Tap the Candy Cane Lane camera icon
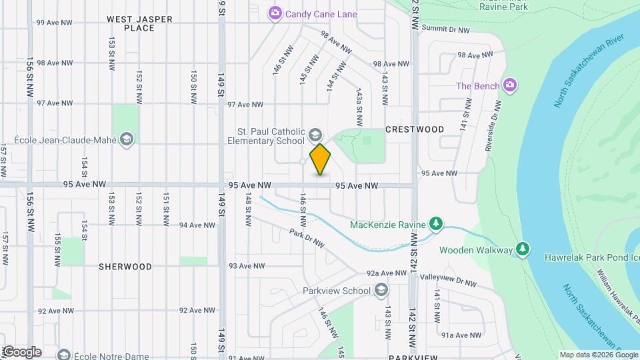tap(275, 13)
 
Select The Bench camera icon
tap(511, 85)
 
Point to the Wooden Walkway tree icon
tap(523, 249)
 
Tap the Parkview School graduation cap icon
tap(381, 290)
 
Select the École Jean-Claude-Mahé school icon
tap(127, 139)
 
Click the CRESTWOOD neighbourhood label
tap(415, 129)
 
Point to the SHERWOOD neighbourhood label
tap(125, 266)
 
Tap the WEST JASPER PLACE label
tap(140, 24)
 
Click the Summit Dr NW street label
tap(446, 29)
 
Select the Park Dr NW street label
tap(307, 239)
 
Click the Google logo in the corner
tap(23, 351)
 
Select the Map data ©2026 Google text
tap(598, 355)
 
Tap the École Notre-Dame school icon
tap(64, 354)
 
